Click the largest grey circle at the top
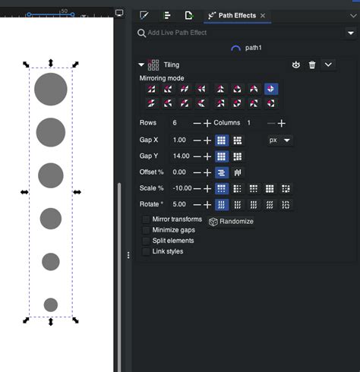[51, 89]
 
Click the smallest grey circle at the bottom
[51, 304]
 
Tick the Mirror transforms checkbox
[147, 219]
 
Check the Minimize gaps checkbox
[147, 230]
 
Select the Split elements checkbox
[147, 241]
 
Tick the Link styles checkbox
[147, 251]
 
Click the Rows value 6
[175, 123]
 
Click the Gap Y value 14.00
[181, 156]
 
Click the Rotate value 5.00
[179, 204]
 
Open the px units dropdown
[281, 140]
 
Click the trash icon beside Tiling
[312, 65]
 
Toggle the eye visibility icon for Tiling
[296, 65]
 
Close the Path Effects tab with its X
[263, 15]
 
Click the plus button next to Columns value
[282, 123]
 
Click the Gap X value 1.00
[179, 140]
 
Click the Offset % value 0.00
[179, 172]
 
